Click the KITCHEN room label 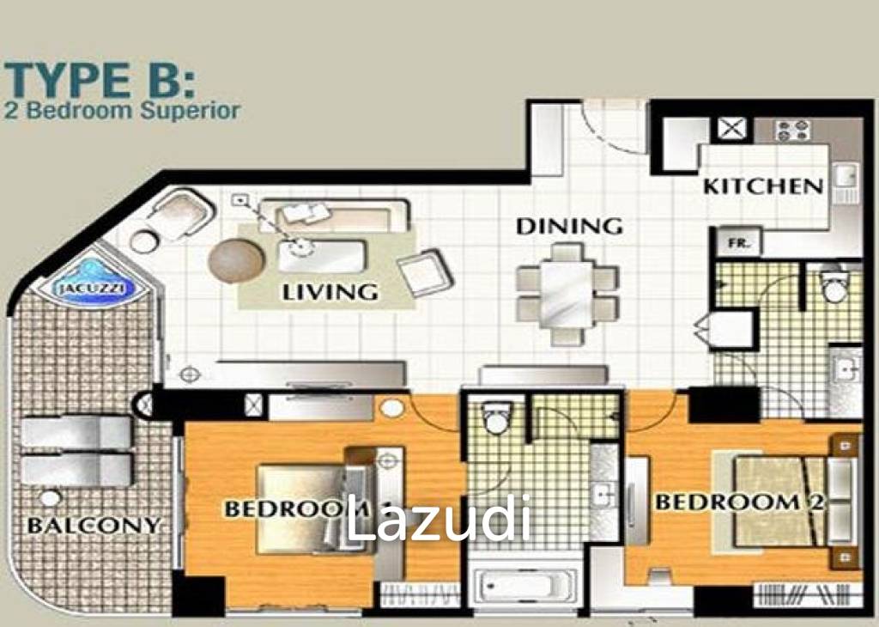pos(763,186)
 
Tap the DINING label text pos(569,226)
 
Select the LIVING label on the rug pos(330,292)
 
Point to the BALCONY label pos(94,526)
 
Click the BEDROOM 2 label pos(739,502)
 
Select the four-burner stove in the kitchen pos(792,131)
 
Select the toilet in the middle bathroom pos(497,417)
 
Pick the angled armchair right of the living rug pos(424,272)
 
